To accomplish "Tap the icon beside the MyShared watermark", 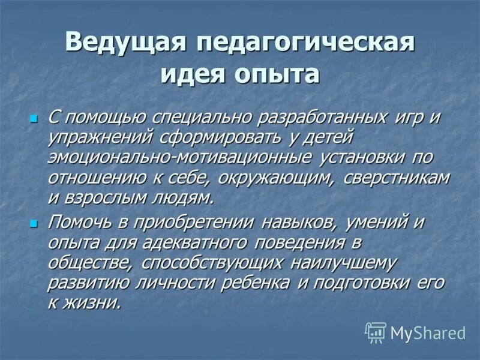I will [x=376, y=332].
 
